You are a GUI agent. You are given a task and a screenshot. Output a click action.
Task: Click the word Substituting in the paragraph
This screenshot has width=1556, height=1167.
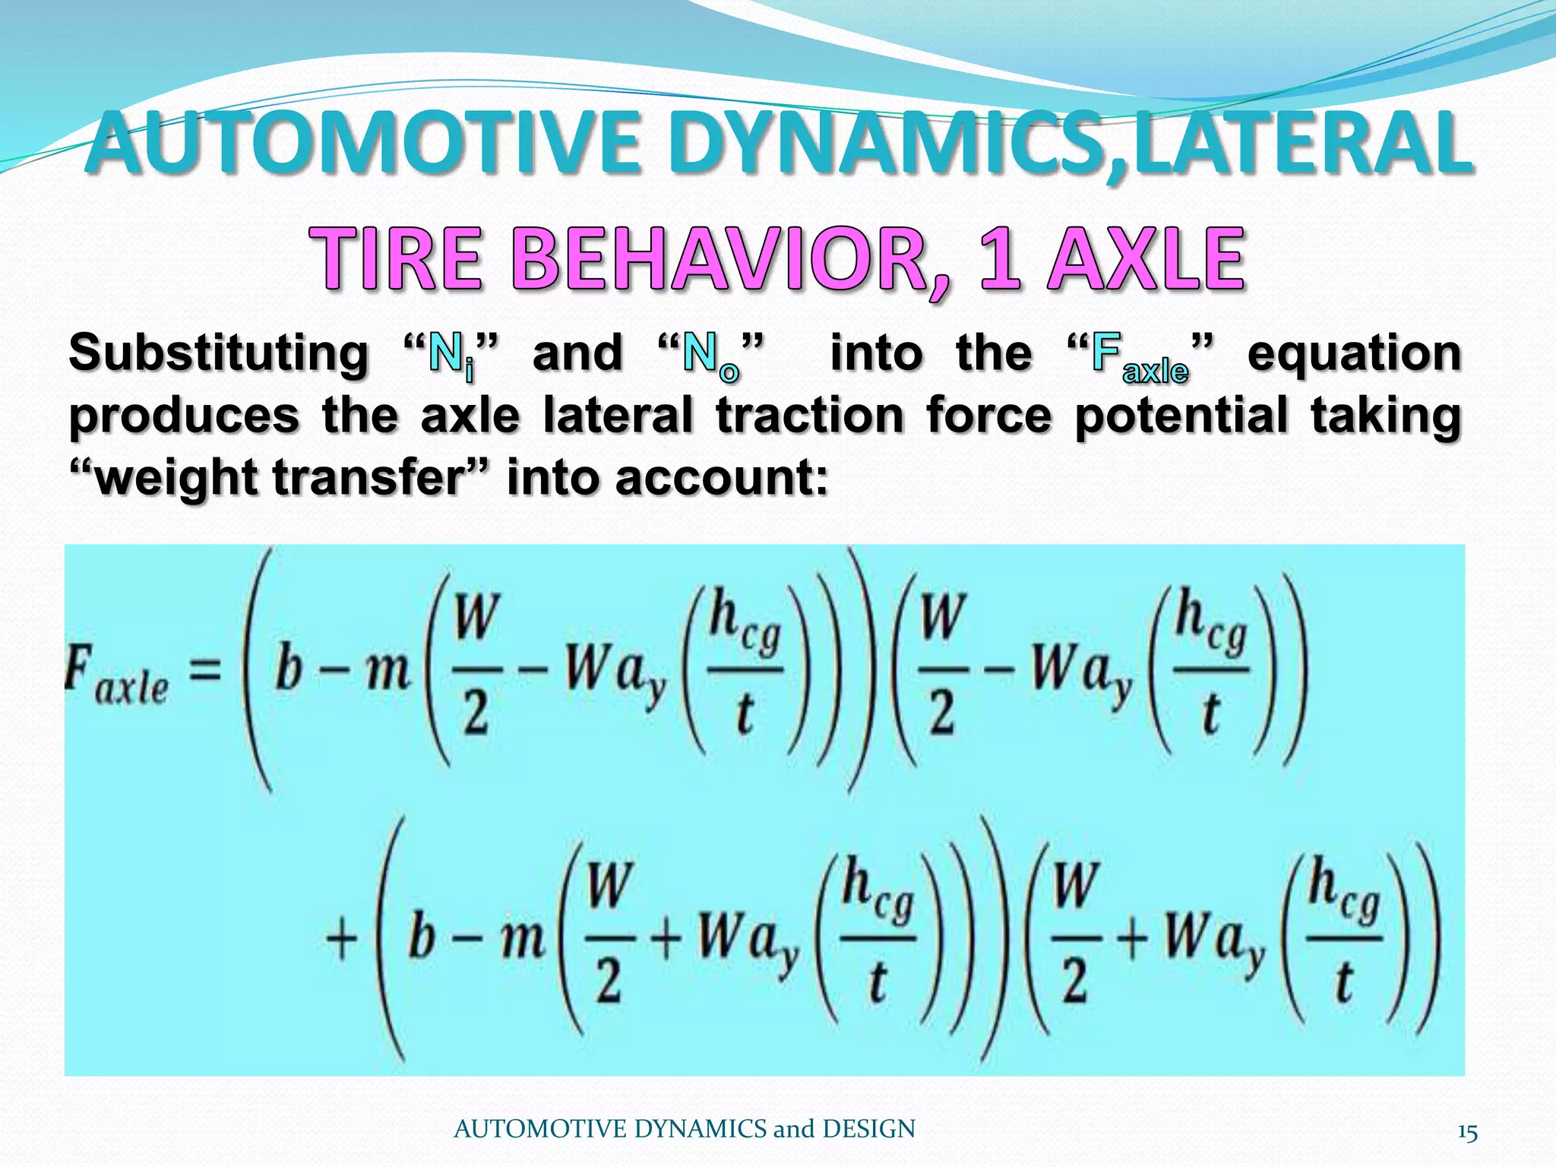click(219, 354)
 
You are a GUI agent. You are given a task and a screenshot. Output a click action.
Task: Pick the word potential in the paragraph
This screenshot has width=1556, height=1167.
click(1181, 416)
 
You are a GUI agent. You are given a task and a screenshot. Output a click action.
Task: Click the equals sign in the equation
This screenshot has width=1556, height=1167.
click(205, 672)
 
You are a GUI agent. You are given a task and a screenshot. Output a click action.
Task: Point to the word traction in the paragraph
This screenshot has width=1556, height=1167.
click(809, 416)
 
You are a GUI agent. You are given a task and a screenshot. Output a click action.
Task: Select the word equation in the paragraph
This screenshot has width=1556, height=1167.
click(1354, 354)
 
